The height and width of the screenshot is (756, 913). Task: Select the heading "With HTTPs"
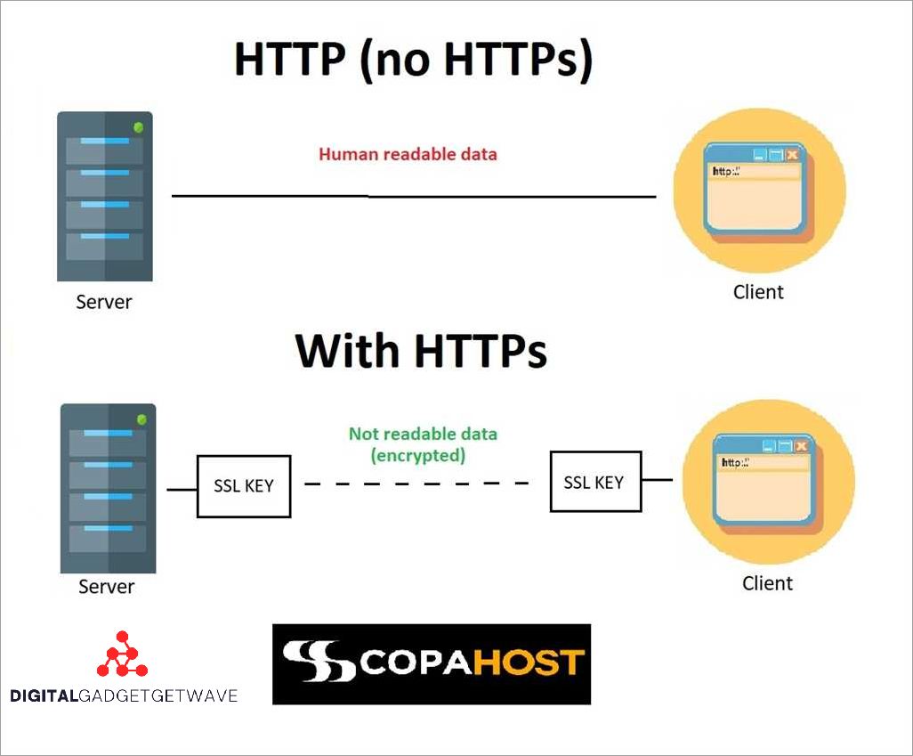click(421, 350)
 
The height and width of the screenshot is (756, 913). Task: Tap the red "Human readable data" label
click(408, 154)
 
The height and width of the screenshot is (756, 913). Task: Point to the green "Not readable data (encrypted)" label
click(423, 444)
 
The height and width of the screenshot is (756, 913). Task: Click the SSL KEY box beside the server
click(243, 486)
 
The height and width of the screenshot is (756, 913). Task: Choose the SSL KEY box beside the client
click(594, 482)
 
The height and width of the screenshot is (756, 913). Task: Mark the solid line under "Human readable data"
click(414, 195)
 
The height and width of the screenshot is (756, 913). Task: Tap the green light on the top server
click(138, 127)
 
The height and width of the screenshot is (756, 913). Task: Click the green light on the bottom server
click(141, 419)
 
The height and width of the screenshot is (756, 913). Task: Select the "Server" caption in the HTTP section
click(104, 302)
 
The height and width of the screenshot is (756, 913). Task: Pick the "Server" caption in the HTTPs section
click(107, 587)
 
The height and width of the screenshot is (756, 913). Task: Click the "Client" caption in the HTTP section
click(758, 291)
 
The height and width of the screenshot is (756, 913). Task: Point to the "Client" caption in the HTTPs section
click(767, 583)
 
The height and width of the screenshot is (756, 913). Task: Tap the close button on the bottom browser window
click(802, 445)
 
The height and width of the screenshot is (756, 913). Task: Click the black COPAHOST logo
click(432, 663)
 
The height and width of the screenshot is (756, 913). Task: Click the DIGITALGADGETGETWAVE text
click(124, 695)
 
